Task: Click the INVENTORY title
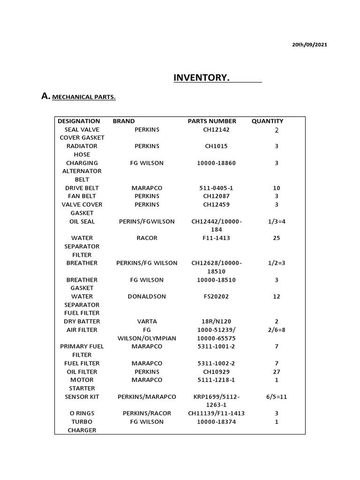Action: tap(202, 77)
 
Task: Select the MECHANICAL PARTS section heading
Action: tap(84, 97)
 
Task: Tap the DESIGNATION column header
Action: tap(79, 121)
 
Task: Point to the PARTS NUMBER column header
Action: tap(212, 121)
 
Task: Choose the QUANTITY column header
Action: tap(267, 121)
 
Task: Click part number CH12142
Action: tap(216, 129)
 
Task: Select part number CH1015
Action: tap(216, 146)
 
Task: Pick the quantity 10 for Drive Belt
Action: tap(277, 188)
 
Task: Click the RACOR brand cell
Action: tap(147, 238)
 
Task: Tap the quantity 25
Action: tap(277, 238)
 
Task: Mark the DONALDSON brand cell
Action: tap(147, 296)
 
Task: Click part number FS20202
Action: tap(216, 296)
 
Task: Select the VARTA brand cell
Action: tap(147, 322)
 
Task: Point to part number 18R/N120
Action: tap(216, 322)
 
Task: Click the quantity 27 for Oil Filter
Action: tap(277, 372)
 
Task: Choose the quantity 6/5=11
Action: tap(277, 397)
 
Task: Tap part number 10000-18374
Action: tap(216, 422)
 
